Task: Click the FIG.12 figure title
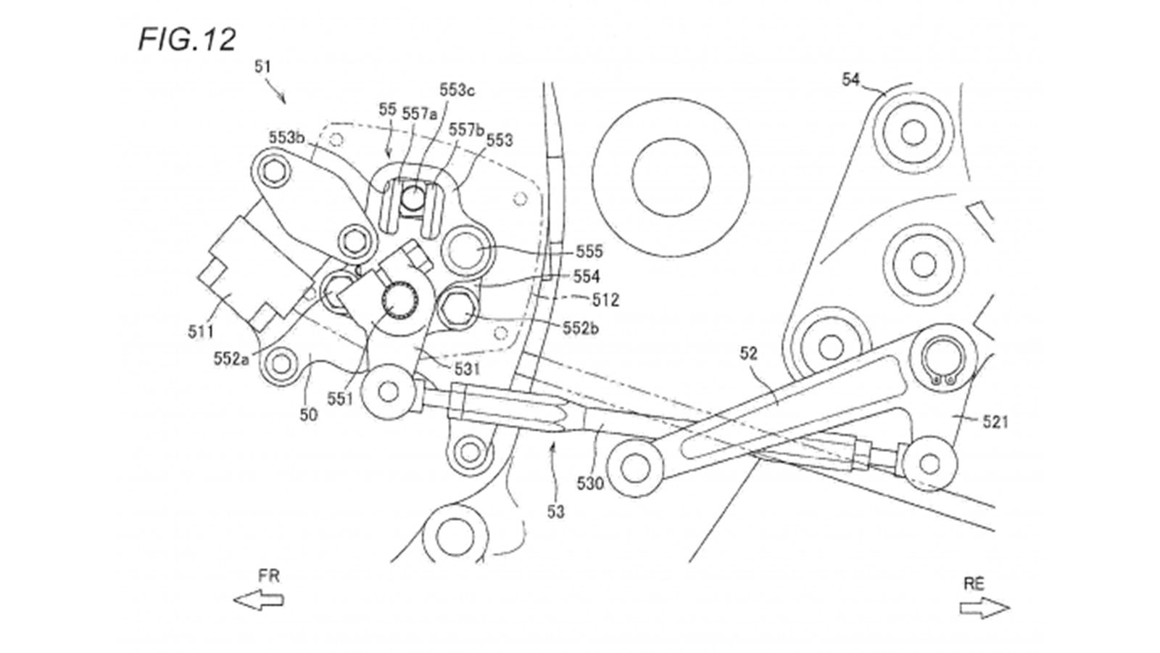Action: pyautogui.click(x=187, y=40)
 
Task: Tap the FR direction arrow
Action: pyautogui.click(x=258, y=600)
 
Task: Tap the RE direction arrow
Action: pyautogui.click(x=984, y=607)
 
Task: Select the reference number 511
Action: pyautogui.click(x=201, y=332)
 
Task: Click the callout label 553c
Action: pyautogui.click(x=457, y=91)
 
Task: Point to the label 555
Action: pyautogui.click(x=589, y=252)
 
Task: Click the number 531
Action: pyautogui.click(x=467, y=369)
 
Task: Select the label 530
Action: pyautogui.click(x=589, y=482)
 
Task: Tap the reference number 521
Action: pyautogui.click(x=995, y=421)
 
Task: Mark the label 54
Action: pyautogui.click(x=850, y=79)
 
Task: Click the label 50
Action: pyautogui.click(x=309, y=414)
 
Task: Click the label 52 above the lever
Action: pyautogui.click(x=748, y=353)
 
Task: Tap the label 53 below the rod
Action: pyautogui.click(x=555, y=512)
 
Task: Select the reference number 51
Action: pyautogui.click(x=262, y=67)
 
